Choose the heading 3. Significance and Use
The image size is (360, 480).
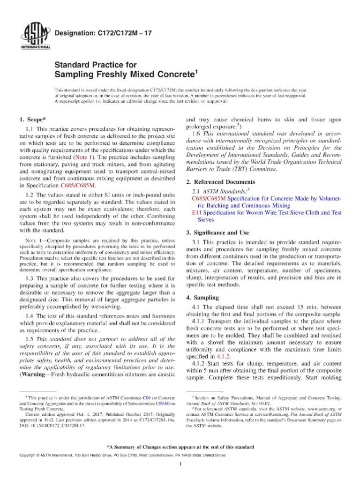tap(217, 232)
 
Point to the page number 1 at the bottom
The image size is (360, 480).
tap(180, 465)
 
